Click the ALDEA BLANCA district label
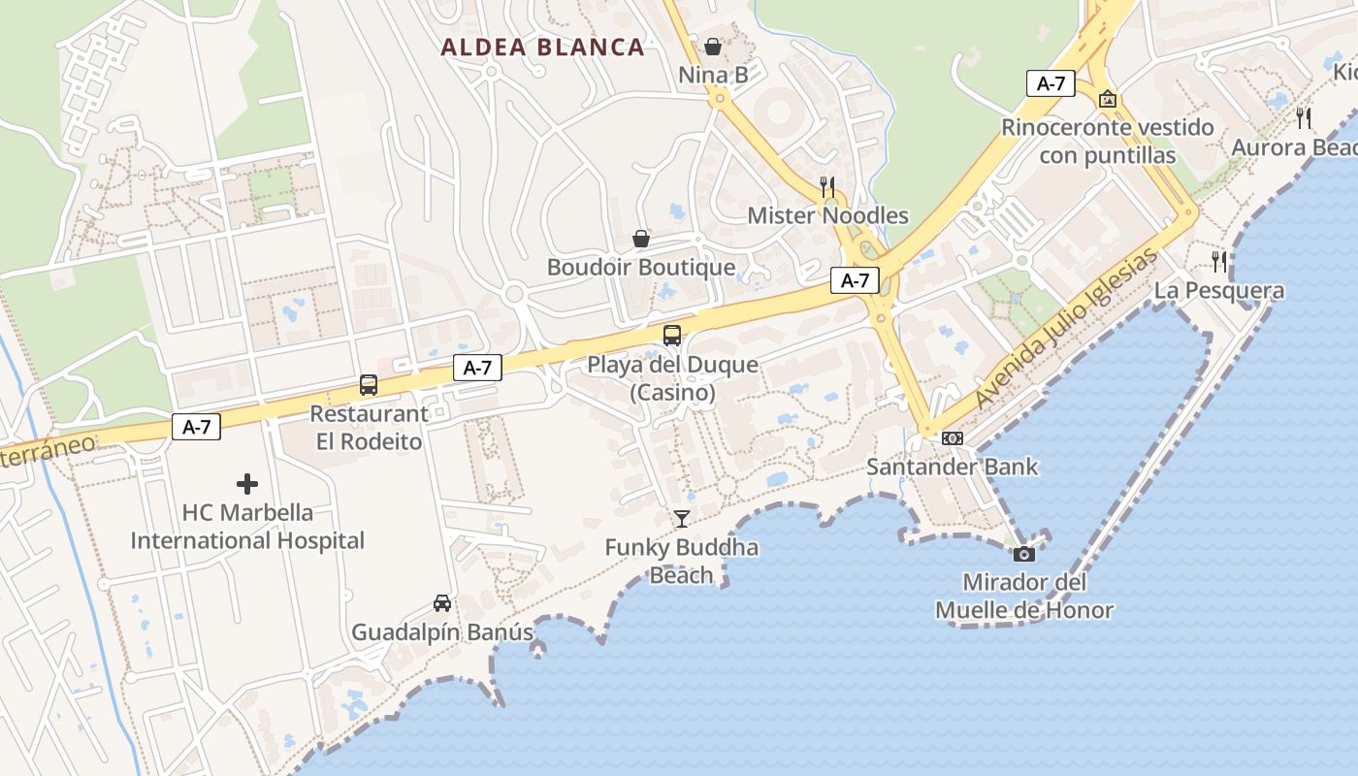click(543, 47)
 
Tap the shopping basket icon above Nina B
click(713, 46)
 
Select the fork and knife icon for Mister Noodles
click(827, 186)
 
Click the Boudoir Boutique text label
click(641, 267)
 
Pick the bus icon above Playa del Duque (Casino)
click(671, 336)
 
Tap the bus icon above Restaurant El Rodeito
click(369, 384)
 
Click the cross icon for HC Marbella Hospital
click(247, 483)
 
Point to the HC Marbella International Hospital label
click(247, 527)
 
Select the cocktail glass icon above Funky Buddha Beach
click(682, 518)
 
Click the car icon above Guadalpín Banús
click(442, 603)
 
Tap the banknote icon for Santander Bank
click(953, 437)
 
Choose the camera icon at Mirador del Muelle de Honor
click(1023, 554)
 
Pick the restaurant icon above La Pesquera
click(1219, 261)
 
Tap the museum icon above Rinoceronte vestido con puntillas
click(1107, 98)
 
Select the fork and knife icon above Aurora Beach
click(1304, 117)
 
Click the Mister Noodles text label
click(827, 215)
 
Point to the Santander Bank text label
click(952, 467)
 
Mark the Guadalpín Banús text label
click(442, 632)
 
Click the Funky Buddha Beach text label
click(682, 561)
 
